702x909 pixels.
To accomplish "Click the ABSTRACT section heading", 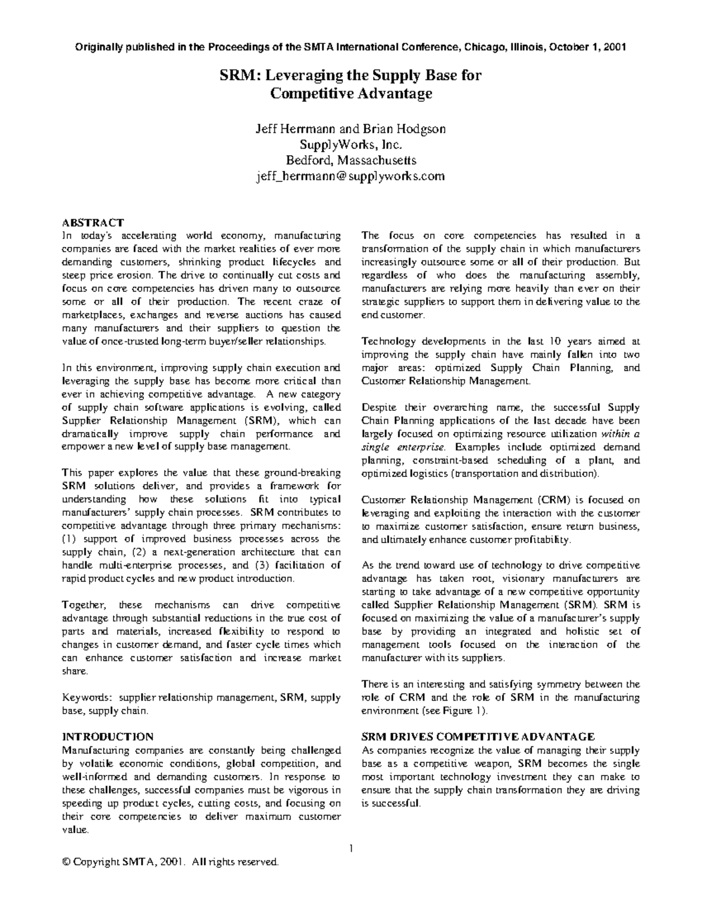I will [x=92, y=222].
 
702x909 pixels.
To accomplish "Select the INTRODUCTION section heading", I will [x=108, y=736].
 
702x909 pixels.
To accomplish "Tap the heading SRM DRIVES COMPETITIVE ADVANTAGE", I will [x=478, y=736].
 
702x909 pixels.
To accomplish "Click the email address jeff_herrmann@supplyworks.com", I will [x=350, y=176].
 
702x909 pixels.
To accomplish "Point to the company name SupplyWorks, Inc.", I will [x=350, y=145].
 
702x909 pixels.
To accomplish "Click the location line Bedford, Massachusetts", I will [x=350, y=160].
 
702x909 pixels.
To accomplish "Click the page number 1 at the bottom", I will [x=352, y=848].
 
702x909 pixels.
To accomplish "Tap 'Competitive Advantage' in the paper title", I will [x=350, y=93].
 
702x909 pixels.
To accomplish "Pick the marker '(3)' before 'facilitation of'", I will [x=262, y=565].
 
